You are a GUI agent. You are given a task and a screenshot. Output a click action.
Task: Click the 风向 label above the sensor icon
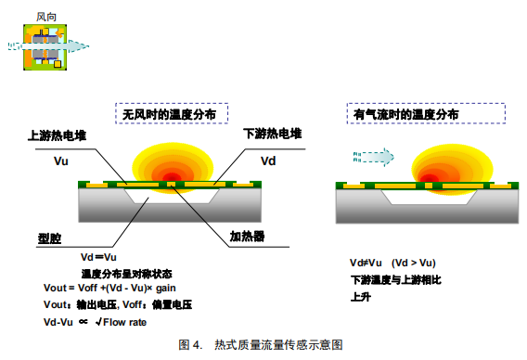pos(46,17)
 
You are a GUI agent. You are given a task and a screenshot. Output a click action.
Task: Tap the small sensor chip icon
pos(45,47)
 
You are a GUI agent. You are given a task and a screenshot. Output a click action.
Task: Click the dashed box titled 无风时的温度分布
pos(172,113)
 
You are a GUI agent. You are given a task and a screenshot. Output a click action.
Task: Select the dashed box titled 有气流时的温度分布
pos(426,113)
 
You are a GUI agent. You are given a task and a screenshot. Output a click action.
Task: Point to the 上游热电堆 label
pos(58,135)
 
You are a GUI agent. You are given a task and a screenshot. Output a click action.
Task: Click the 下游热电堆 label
pos(273,134)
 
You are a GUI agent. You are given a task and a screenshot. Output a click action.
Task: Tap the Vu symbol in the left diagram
pos(61,161)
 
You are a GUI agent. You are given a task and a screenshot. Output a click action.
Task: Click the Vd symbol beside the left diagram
pos(268,161)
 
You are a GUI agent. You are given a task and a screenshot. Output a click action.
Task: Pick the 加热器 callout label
pos(247,237)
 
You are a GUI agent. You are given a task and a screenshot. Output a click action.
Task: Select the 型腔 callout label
pos(49,238)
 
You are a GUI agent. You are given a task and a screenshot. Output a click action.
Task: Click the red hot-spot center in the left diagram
pos(172,177)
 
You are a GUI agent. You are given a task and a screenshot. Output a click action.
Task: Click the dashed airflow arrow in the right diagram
pos(373,157)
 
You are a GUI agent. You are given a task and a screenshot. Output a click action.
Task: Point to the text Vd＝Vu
pos(98,257)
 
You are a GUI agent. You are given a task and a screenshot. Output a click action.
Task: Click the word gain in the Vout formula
pos(166,288)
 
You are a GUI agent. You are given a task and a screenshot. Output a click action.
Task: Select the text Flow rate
pos(124,322)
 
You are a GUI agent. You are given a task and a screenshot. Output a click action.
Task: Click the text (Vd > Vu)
pos(414,263)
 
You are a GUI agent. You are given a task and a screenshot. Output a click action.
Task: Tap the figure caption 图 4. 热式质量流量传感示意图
pos(261,344)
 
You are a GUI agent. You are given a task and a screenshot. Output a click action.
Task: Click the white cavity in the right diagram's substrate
pos(430,197)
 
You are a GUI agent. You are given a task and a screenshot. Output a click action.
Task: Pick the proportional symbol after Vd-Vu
pos(84,322)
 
